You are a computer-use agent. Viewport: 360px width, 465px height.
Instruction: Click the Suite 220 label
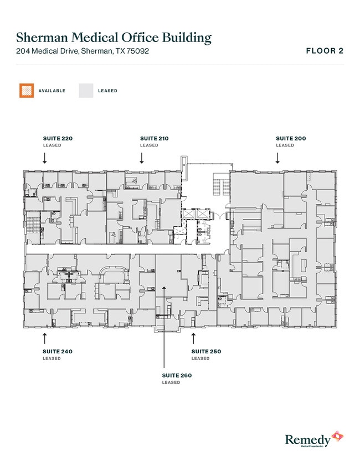click(x=58, y=138)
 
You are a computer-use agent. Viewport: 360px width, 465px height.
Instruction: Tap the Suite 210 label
click(x=154, y=138)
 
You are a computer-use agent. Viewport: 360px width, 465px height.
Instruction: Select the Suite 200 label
click(x=291, y=138)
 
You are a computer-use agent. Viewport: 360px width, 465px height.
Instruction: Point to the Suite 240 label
click(x=58, y=352)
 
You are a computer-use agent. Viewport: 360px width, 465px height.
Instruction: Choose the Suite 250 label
click(x=206, y=352)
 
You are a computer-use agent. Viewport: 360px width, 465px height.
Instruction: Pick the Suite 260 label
click(x=177, y=375)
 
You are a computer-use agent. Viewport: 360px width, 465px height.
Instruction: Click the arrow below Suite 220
click(x=44, y=158)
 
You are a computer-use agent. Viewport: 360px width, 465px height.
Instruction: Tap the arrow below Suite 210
click(x=142, y=158)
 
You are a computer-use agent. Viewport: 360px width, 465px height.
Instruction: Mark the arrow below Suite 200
click(x=277, y=158)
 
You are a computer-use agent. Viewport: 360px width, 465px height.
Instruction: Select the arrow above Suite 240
click(x=44, y=338)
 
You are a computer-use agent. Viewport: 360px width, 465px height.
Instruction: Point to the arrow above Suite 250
click(x=193, y=338)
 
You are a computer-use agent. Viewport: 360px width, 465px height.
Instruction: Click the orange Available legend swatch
click(x=27, y=91)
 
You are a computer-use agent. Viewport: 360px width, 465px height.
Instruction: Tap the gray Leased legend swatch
click(x=86, y=91)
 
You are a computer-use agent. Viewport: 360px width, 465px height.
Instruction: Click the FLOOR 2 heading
click(x=325, y=51)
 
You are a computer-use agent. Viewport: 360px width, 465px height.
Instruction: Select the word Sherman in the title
click(x=43, y=38)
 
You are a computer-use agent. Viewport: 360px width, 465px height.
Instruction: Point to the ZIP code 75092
click(x=137, y=51)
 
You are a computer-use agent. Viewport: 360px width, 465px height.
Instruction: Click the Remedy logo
click(x=314, y=439)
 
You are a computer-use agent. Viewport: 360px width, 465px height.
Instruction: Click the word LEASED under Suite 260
click(x=171, y=383)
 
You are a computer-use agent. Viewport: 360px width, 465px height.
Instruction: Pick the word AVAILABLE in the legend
click(x=52, y=91)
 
